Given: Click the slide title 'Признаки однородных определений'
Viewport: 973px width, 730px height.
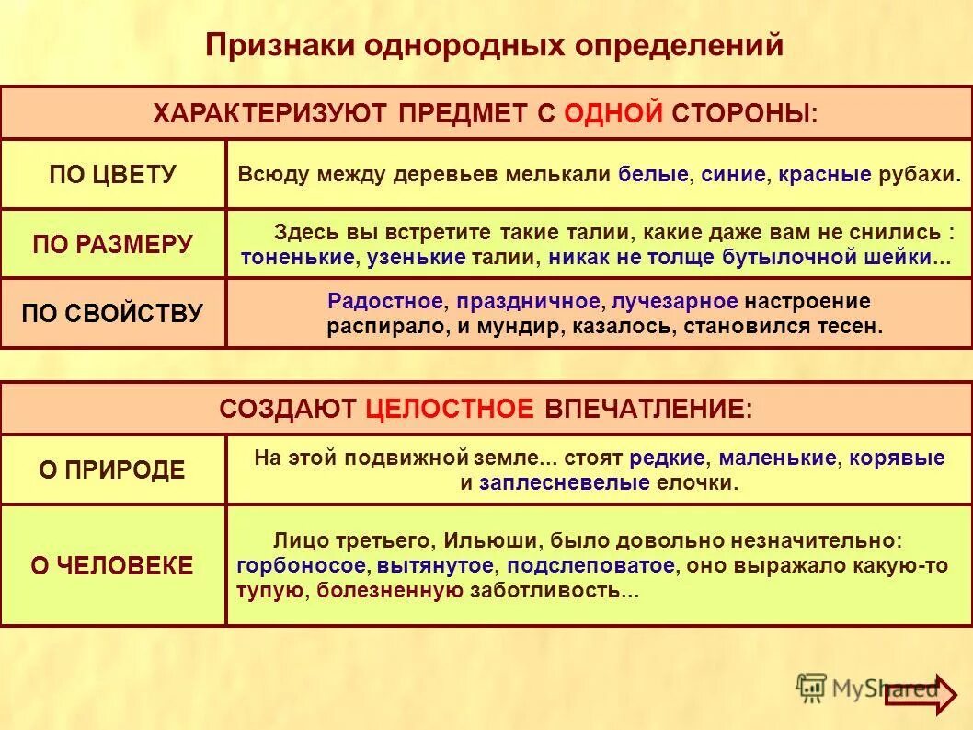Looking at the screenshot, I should (x=494, y=45).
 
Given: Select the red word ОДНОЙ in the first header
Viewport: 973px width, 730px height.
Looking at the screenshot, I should (x=612, y=113).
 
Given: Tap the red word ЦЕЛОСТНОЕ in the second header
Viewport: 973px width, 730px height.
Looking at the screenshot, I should (x=449, y=410).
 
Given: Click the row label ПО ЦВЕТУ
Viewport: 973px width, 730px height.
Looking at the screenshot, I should (x=112, y=175).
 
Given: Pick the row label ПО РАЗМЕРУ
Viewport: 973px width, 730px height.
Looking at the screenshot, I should (x=112, y=244).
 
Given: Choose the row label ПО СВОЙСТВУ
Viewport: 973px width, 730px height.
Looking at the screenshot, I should (x=112, y=313).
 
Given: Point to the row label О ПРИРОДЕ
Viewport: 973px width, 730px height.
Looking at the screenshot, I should (x=112, y=470).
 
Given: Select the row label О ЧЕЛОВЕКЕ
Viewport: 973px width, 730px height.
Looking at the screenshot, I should (x=112, y=565).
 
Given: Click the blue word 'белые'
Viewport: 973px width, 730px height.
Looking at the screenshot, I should (x=652, y=175).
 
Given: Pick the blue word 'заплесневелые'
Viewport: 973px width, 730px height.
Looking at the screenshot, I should (x=565, y=483).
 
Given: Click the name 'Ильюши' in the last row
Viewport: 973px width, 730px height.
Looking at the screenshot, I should (x=482, y=541).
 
